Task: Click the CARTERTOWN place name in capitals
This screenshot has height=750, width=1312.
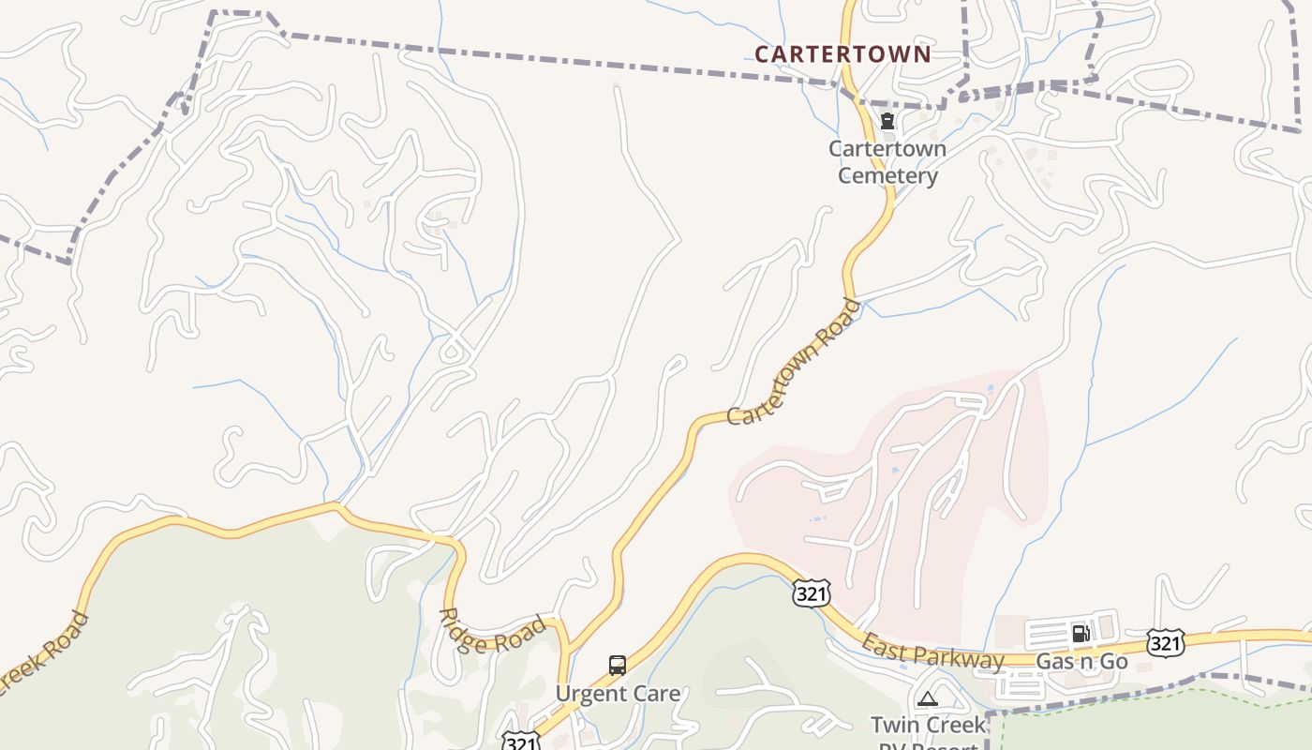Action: pyautogui.click(x=842, y=54)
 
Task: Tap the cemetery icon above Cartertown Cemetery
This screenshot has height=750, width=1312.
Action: pyautogui.click(x=887, y=121)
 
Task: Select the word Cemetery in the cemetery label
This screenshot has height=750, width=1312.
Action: pyautogui.click(x=887, y=175)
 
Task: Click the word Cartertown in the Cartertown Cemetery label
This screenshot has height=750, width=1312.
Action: pyautogui.click(x=887, y=149)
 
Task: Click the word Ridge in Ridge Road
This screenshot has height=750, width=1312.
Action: pyautogui.click(x=462, y=630)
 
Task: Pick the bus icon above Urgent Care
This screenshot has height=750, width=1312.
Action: pyautogui.click(x=618, y=666)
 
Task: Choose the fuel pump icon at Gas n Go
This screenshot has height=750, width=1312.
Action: pyautogui.click(x=1081, y=634)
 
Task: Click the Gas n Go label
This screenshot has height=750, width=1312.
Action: pyautogui.click(x=1081, y=661)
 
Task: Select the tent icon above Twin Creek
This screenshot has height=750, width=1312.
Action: pyautogui.click(x=927, y=698)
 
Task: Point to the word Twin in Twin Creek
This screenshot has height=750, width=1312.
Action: pyautogui.click(x=894, y=725)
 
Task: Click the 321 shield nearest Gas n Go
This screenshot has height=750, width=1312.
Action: pyautogui.click(x=1165, y=643)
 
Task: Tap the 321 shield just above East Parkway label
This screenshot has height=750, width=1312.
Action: pyautogui.click(x=811, y=592)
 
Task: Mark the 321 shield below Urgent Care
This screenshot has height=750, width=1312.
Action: pyautogui.click(x=520, y=742)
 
